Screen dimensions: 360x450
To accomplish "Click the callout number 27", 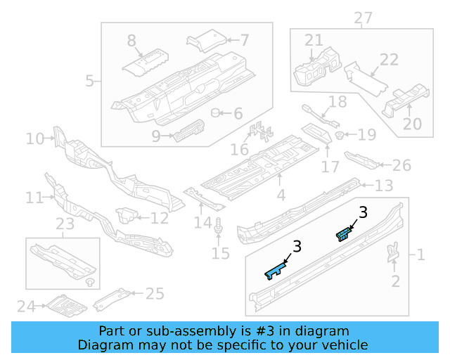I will click(363, 18).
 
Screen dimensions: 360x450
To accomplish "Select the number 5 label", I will click(90, 81).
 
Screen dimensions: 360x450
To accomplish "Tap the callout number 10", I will click(34, 139).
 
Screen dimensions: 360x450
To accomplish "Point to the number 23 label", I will click(65, 226).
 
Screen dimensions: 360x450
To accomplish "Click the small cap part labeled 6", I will click(217, 113).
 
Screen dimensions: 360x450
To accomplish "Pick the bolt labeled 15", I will click(220, 227).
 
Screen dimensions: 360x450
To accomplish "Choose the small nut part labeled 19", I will click(340, 134).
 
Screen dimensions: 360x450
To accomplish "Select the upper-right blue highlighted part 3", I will click(343, 233).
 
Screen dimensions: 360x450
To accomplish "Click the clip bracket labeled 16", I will click(260, 131).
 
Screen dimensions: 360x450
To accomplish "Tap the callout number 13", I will click(383, 186).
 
